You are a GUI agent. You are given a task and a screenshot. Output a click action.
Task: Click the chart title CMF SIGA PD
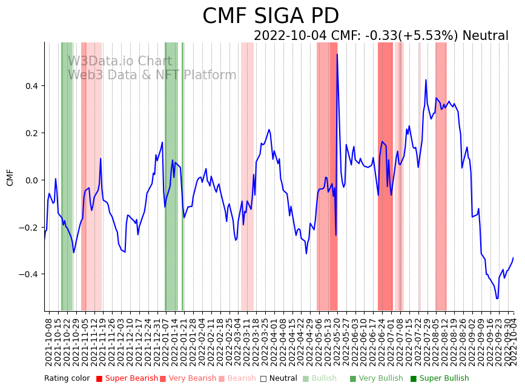click(x=271, y=16)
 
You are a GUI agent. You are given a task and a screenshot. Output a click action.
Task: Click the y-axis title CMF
click(x=10, y=178)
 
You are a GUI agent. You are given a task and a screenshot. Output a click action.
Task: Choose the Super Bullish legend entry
click(x=444, y=378)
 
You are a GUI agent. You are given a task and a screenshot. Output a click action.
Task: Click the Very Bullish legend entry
click(x=380, y=378)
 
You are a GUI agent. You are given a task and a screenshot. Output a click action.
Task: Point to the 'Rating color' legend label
click(x=67, y=378)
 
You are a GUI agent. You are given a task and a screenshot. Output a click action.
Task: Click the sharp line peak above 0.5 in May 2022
click(x=337, y=54)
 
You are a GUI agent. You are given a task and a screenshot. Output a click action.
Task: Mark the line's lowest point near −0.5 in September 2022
click(x=497, y=298)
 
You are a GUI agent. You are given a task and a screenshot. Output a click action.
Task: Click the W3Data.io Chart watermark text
click(x=120, y=61)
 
